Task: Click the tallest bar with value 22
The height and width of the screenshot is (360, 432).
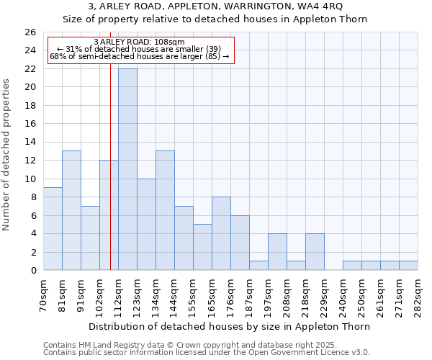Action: coord(127,169)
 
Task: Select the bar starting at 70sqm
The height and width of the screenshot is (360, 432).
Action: coord(53,229)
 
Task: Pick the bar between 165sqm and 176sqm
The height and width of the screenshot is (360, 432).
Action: coord(221,233)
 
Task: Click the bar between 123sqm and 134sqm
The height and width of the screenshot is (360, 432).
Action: coord(146,224)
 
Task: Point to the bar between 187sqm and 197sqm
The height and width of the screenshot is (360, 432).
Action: coord(258,266)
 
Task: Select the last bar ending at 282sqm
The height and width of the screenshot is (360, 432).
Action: coord(408,266)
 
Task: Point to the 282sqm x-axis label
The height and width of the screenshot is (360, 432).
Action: coord(418,291)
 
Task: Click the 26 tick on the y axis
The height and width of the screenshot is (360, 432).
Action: coord(30,32)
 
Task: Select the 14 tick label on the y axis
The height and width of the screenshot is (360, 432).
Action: coord(30,143)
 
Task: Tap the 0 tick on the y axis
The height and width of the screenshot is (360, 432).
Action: coord(32,271)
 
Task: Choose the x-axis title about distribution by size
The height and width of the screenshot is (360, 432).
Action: coord(231,326)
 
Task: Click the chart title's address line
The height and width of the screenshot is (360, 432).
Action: coord(215,6)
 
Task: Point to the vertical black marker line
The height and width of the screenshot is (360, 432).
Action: coord(110,180)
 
